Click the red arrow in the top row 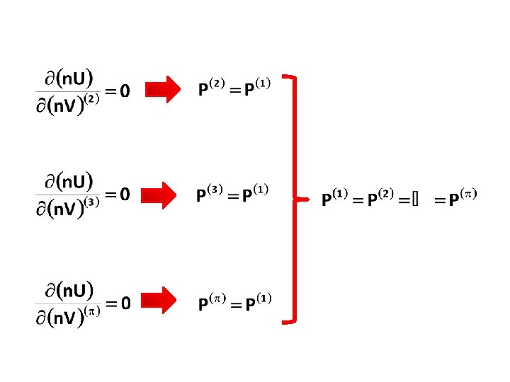pos(163,90)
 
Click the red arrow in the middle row pos(163,195)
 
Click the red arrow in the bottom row pos(163,302)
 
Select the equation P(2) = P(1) pos(234,88)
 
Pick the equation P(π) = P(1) pos(234,302)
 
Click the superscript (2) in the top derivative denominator pos(91,100)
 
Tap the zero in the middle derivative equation pos(124,195)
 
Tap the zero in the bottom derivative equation pos(124,303)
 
